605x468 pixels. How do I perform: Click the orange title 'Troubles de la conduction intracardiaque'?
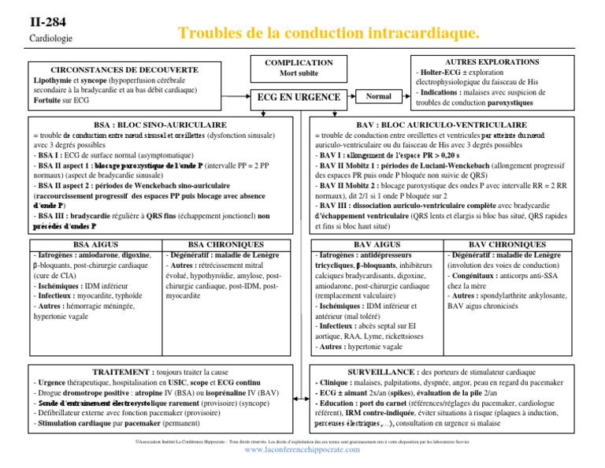tap(328, 33)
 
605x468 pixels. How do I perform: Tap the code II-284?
tap(46, 21)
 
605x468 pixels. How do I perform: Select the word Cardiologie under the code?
tap(50, 38)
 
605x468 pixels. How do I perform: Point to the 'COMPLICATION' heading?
tap(299, 63)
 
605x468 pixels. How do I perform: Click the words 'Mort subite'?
tap(299, 73)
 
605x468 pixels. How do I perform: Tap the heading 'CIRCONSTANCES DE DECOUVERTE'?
tap(124, 70)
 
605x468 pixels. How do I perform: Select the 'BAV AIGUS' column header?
tap(377, 245)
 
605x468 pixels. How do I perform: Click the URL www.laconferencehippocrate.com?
tap(302, 458)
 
